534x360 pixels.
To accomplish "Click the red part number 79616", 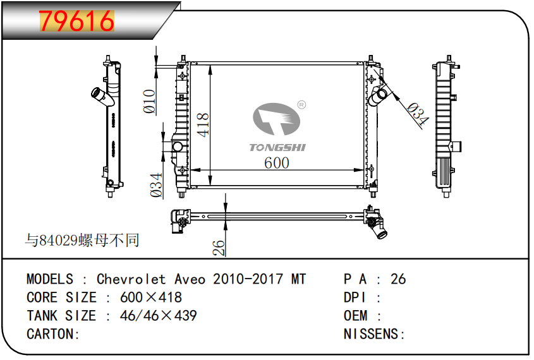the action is tap(76, 21).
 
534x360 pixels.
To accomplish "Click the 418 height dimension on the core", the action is tap(203, 125).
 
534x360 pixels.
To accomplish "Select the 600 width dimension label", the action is tap(277, 163).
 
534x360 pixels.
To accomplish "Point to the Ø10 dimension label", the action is tap(150, 101).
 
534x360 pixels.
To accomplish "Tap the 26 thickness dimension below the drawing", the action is tap(219, 248).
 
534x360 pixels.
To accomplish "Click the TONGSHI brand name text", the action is tap(277, 147).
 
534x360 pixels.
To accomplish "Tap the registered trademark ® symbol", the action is tap(301, 105).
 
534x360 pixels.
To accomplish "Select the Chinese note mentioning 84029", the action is tap(82, 240).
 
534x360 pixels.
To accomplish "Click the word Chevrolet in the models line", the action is tap(131, 279).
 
